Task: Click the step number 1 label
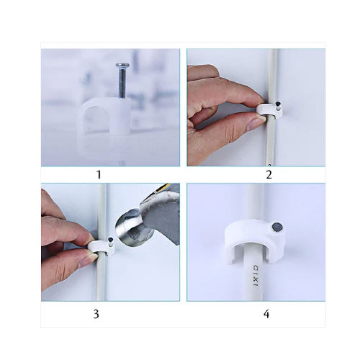pos(99,175)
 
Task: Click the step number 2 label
pos(269,175)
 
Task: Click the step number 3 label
pos(96,314)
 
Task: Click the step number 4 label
pos(266,314)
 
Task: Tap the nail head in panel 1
pos(122,66)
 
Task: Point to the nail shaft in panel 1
pos(122,83)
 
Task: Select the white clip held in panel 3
pos(101,247)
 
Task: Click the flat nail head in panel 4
pos(277,228)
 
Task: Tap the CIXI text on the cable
pos(256,276)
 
